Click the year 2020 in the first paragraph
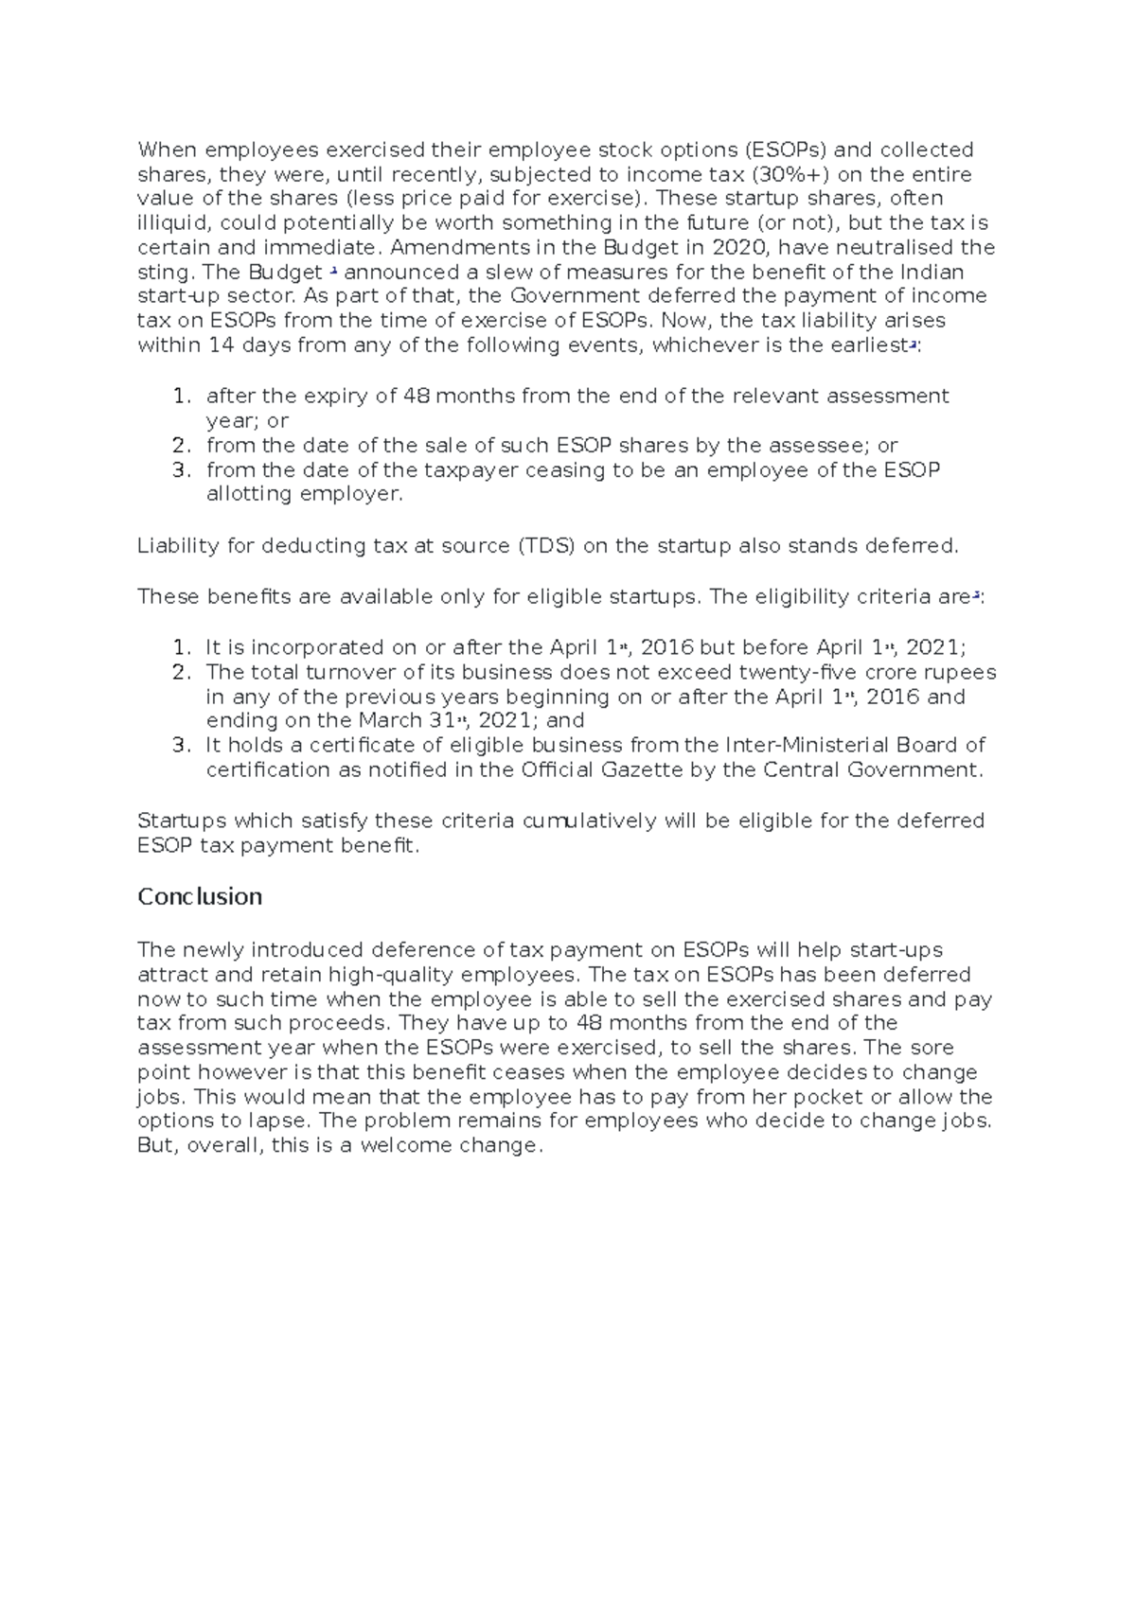(737, 248)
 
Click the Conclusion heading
(200, 896)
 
